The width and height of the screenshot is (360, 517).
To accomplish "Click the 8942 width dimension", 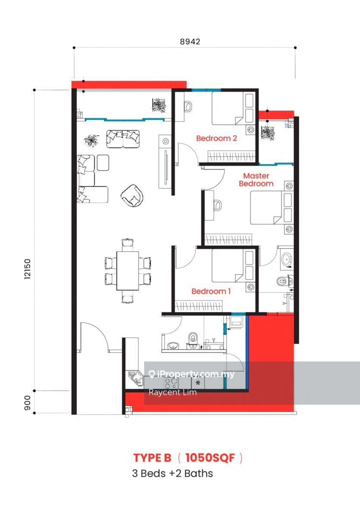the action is (x=190, y=41).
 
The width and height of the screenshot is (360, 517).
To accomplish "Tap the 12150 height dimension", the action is (x=27, y=269).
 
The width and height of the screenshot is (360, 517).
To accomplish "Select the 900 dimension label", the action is (x=27, y=403).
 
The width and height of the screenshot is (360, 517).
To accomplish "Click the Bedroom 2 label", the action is (x=217, y=138).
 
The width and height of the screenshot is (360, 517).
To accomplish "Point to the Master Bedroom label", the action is (x=256, y=180).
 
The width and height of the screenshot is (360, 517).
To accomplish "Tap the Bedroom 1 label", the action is (x=211, y=291).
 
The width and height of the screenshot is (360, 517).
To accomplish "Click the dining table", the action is (x=128, y=271).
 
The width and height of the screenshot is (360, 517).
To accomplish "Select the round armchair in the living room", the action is (x=132, y=196).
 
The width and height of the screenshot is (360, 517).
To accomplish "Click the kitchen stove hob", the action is (x=171, y=383).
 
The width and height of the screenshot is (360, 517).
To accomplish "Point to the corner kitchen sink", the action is (x=136, y=377).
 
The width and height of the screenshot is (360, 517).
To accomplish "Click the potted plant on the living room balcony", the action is (x=159, y=105).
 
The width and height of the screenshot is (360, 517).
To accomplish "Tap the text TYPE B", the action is (x=152, y=458).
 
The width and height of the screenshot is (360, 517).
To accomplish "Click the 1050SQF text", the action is (x=210, y=458).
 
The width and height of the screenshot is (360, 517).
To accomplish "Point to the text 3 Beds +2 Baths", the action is (x=172, y=473).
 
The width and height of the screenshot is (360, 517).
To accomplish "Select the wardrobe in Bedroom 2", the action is (x=231, y=156).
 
